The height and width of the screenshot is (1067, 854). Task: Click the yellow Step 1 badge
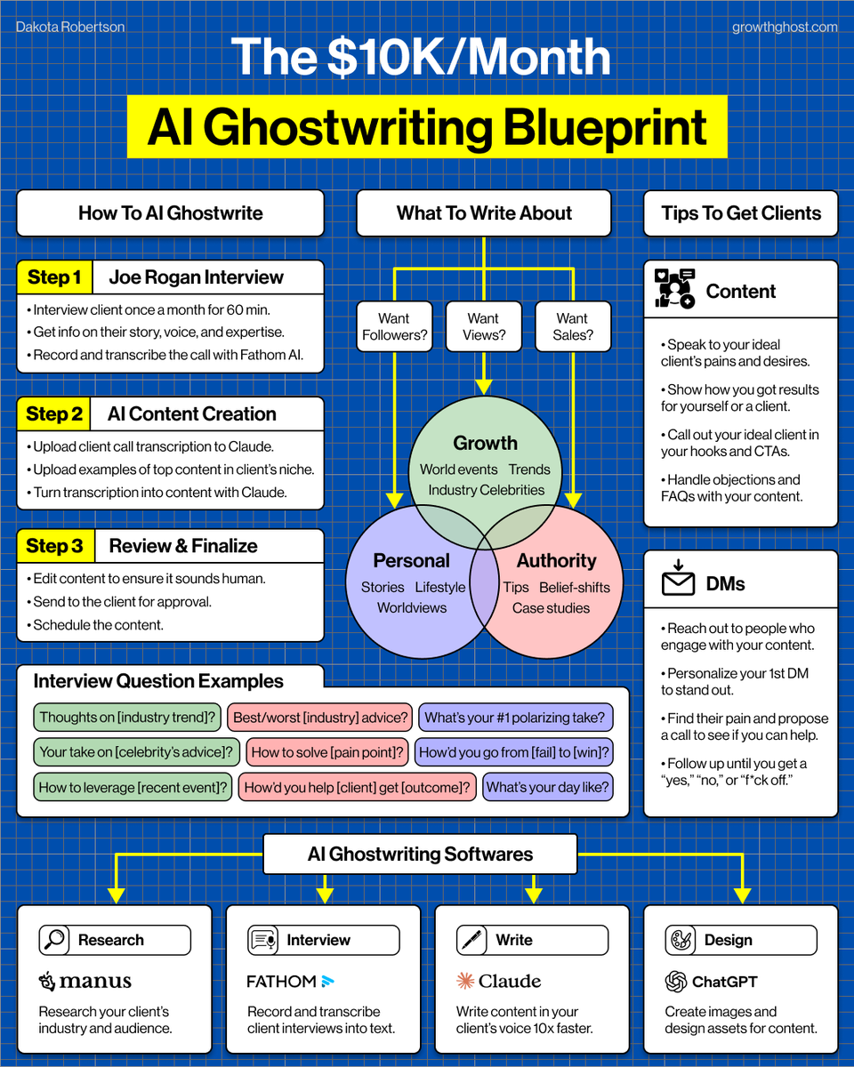[55, 277]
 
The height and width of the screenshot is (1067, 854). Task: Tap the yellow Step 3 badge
[55, 546]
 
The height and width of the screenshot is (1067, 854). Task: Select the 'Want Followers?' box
[394, 326]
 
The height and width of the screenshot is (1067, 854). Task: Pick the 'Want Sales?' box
[573, 326]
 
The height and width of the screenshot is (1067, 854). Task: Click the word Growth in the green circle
[485, 443]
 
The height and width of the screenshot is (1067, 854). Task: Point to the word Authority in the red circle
[557, 561]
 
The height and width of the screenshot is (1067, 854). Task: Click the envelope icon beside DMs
[678, 582]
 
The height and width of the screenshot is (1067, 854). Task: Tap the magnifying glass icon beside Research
[55, 940]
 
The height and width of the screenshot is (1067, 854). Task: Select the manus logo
[85, 982]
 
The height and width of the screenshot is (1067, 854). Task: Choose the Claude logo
[499, 982]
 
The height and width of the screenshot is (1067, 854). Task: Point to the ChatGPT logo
[712, 982]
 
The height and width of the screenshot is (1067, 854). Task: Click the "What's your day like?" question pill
[548, 787]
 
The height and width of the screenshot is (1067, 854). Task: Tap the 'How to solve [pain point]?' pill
[327, 752]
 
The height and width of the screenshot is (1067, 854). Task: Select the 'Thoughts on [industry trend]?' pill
[128, 718]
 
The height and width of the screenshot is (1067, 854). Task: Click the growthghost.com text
[785, 27]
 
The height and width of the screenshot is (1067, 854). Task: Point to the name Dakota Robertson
[70, 27]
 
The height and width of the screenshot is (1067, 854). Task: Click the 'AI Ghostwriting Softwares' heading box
[420, 854]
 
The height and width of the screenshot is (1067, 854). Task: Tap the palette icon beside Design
[681, 940]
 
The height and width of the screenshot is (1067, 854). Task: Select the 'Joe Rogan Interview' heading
[197, 277]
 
